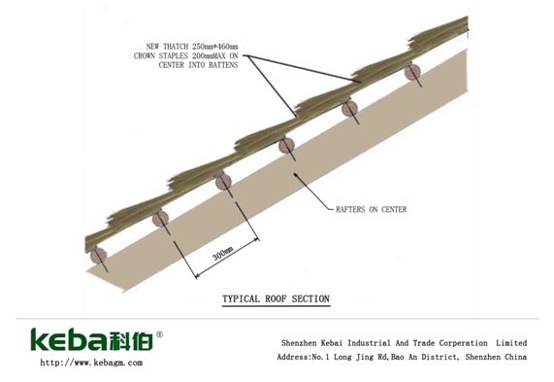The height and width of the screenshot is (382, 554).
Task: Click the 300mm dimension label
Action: click(x=223, y=253)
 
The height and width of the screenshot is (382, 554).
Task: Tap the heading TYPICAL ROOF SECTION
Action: click(x=276, y=298)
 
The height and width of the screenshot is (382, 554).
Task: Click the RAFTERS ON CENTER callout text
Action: click(x=371, y=209)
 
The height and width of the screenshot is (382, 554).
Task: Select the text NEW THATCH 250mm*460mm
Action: click(x=192, y=47)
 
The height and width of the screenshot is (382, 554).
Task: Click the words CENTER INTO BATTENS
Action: click(x=198, y=65)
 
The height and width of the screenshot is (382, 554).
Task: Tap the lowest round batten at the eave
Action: click(x=99, y=256)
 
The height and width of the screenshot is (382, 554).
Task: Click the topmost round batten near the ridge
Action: click(x=412, y=72)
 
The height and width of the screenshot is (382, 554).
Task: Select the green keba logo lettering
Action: click(x=69, y=339)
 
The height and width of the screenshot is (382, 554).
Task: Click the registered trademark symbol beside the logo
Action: click(x=159, y=334)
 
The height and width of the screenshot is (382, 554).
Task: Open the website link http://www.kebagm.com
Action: click(x=91, y=363)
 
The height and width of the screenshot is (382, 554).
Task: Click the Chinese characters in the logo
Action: click(x=131, y=340)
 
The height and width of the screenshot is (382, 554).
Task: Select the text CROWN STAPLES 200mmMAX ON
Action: click(x=186, y=55)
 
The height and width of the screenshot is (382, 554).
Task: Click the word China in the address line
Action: click(x=515, y=357)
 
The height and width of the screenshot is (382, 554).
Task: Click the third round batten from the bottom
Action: click(x=224, y=182)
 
